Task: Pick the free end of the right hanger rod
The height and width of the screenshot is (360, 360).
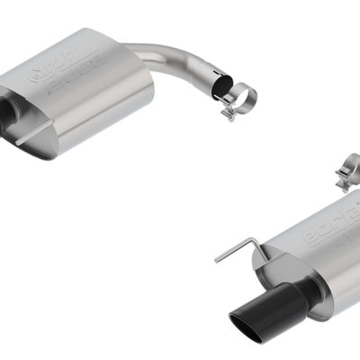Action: [216, 260]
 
